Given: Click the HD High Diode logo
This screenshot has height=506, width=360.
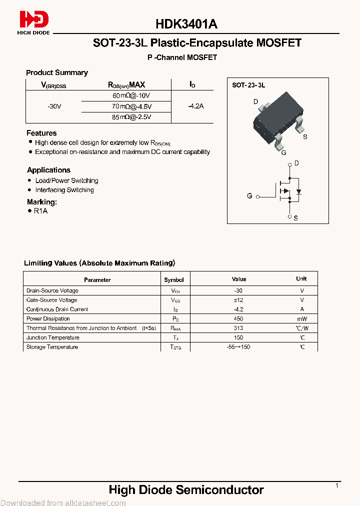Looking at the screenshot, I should [34, 22].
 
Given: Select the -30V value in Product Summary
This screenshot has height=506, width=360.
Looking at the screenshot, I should [54, 106].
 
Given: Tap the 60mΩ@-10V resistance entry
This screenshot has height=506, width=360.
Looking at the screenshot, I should [131, 95].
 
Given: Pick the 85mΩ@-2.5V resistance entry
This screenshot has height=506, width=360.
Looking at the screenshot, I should [131, 117].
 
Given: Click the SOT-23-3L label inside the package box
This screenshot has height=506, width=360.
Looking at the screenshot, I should [248, 85].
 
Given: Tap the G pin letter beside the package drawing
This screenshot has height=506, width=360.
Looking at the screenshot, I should [283, 152].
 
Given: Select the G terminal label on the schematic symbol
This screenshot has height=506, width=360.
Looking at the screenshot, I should [249, 196].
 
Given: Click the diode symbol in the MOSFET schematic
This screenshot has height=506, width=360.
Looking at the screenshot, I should [298, 191].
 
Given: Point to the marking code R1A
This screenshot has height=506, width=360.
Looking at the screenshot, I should [40, 211].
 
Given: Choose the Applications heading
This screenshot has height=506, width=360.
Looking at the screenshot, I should [48, 170].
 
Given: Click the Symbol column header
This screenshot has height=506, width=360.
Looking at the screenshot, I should [174, 280].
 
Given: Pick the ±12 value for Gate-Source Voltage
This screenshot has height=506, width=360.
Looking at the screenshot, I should [239, 300].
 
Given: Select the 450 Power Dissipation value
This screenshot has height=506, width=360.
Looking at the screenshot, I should [239, 318].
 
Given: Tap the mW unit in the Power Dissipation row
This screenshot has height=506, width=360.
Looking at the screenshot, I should [301, 318].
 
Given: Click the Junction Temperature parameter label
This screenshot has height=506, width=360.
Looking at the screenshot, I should [52, 337].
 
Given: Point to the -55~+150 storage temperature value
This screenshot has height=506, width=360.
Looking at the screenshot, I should [239, 347].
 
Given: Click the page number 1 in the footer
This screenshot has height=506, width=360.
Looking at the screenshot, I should [337, 485].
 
